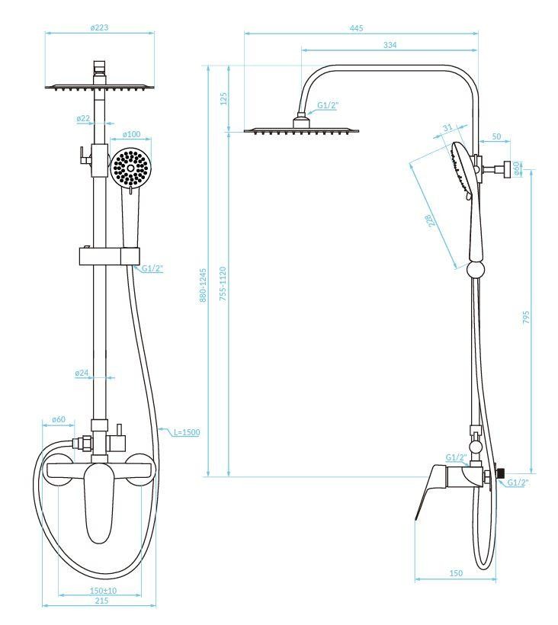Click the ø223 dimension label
coord(99,27)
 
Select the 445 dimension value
coord(357,28)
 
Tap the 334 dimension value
coord(390,45)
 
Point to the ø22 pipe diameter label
coord(83,119)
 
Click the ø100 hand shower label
coord(132,135)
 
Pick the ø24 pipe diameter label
coord(82,373)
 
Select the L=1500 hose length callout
coord(185,432)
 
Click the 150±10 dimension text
coord(104,591)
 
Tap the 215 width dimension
coord(101,601)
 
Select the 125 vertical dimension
coord(223,99)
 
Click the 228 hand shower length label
coord(431,223)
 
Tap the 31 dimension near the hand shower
coord(447,127)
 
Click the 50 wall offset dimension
coord(496,136)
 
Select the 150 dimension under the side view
coord(456,573)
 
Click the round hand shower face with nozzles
coord(130,168)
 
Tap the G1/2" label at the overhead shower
coord(328,104)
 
